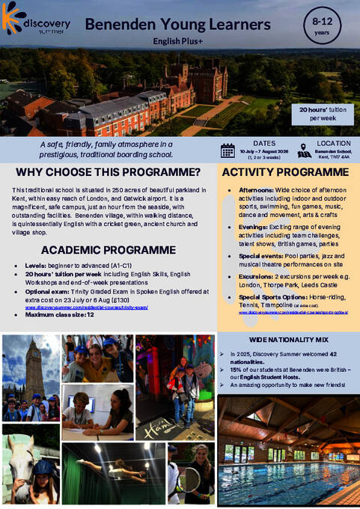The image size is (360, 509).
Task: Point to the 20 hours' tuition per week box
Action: point(323,115)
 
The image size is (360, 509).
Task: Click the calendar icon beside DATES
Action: point(228,150)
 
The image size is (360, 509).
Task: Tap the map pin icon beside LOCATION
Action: point(305,150)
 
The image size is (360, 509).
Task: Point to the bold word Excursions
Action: point(256,286)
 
